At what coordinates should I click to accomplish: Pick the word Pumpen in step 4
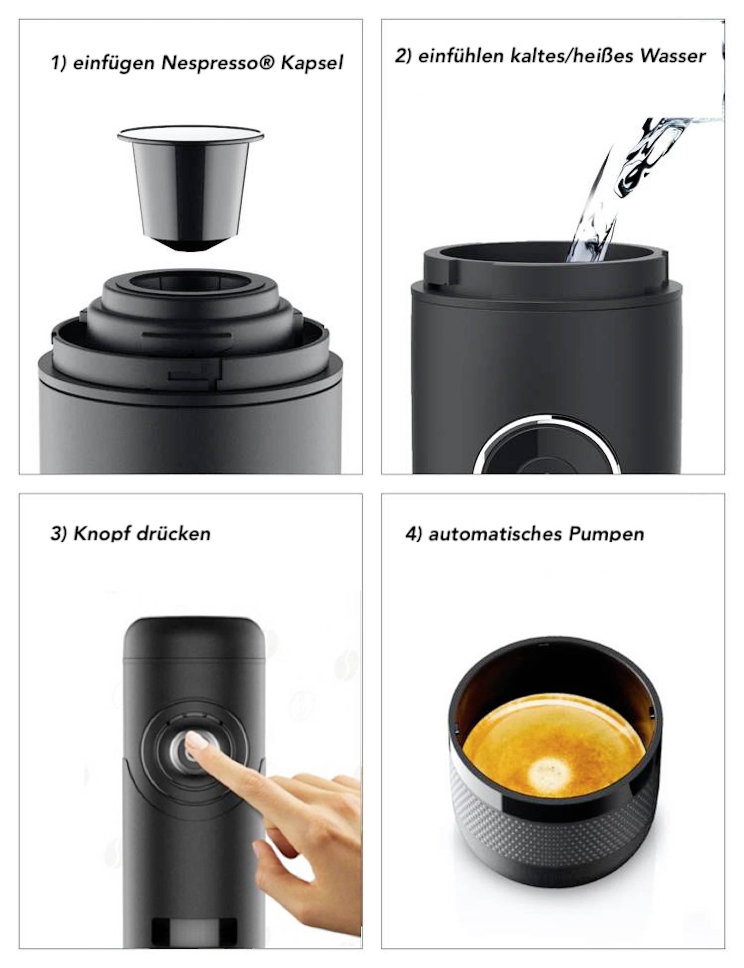(606, 534)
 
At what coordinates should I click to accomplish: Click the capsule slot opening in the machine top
(191, 281)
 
